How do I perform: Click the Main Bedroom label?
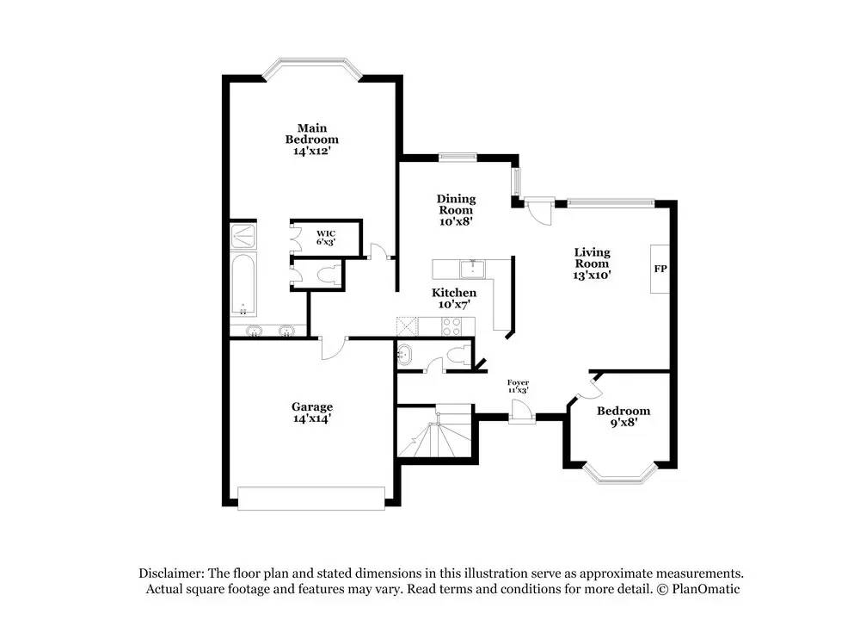311,139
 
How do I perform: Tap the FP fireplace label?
660,269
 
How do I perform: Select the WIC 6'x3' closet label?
325,238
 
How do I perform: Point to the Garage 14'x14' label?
311,412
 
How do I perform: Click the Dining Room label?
456,210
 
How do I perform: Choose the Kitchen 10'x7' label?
453,298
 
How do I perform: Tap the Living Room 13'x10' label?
592,263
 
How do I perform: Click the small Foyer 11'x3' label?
518,386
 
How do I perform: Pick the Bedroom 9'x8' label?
623,416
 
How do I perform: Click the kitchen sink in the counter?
472,269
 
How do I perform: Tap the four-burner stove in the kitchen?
452,325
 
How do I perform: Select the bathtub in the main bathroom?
243,284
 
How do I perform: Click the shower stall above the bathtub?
243,236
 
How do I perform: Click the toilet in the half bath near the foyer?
459,356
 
